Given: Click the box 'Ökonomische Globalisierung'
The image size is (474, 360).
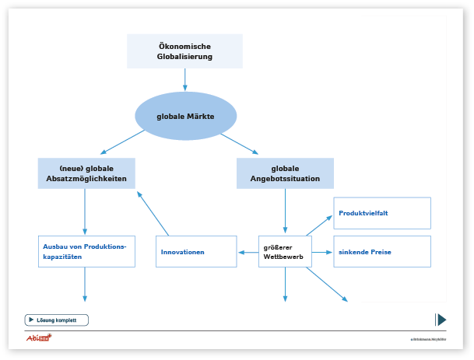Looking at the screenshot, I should tap(185, 51).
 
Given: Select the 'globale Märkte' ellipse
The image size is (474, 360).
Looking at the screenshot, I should tap(185, 117).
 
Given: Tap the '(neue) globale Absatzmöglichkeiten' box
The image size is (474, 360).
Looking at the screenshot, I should tap(86, 173).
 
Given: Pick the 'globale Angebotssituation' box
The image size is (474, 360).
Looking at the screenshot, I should tap(285, 173).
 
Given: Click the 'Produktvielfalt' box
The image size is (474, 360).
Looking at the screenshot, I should tap(382, 213).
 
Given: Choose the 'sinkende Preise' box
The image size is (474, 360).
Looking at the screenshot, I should tap(382, 252).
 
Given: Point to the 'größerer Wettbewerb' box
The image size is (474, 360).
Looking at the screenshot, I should tap(285, 252).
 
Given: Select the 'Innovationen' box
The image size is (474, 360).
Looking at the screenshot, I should tap(196, 252).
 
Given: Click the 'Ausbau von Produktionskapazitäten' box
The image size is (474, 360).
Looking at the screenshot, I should tap(86, 252).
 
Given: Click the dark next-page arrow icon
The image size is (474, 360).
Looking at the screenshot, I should tap(441, 320).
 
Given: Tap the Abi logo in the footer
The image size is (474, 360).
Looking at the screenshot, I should tap(38, 337).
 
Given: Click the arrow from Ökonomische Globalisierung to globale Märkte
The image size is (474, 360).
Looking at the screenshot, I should tap(185, 80).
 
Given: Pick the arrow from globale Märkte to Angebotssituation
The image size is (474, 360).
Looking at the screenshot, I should tap(239, 142).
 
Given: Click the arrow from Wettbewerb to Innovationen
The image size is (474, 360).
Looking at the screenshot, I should tap(248, 252).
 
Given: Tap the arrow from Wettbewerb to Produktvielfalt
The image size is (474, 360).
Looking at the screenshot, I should tap(319, 223).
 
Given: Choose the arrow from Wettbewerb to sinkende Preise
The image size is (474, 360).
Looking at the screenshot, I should tap(323, 252).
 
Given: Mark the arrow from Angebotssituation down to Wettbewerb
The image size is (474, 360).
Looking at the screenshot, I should tap(285, 211).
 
